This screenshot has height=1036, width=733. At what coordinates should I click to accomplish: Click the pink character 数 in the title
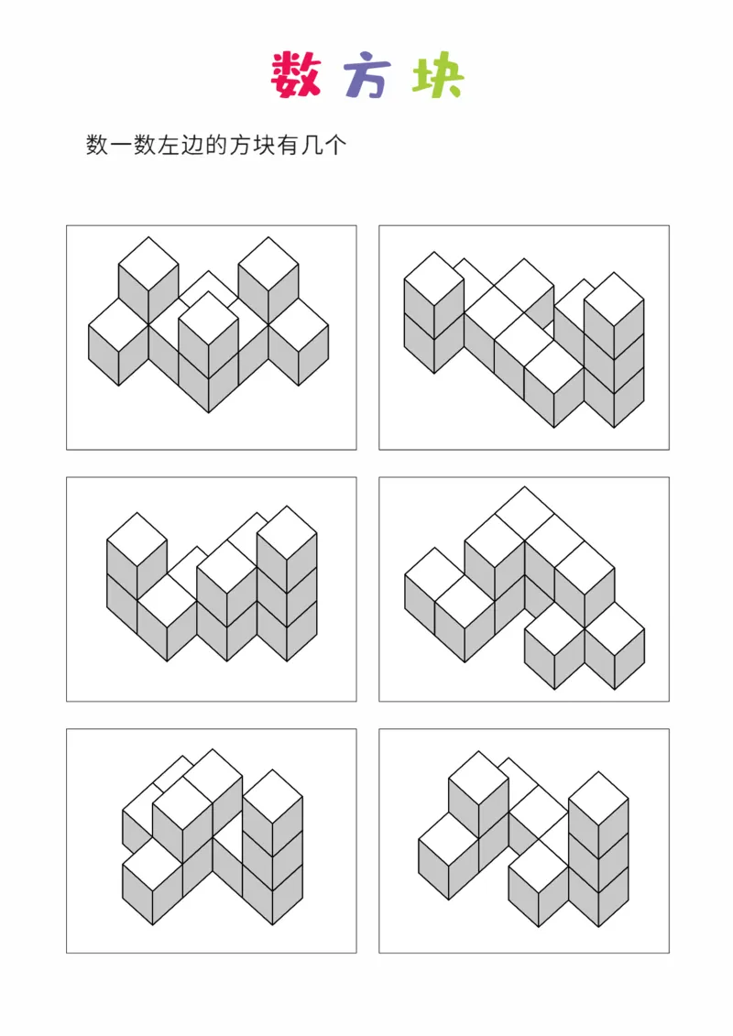click(x=295, y=75)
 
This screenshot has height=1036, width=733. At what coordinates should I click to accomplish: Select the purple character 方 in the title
click(x=367, y=77)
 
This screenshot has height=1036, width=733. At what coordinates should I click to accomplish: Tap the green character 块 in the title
click(x=438, y=75)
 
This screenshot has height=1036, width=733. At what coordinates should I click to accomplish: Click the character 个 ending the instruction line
click(x=335, y=145)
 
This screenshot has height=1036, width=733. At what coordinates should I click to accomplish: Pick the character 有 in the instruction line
click(x=289, y=145)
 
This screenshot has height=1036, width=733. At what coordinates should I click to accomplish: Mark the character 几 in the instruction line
click(x=312, y=145)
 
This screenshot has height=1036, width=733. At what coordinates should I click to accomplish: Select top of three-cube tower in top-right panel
click(x=614, y=300)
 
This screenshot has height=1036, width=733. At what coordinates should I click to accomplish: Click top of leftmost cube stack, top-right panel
click(x=434, y=278)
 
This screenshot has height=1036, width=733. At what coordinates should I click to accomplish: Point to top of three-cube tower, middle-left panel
click(x=287, y=533)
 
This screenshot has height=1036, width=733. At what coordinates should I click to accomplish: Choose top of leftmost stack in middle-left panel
click(x=137, y=540)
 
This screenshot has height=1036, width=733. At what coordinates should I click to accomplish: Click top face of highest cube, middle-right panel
click(x=524, y=514)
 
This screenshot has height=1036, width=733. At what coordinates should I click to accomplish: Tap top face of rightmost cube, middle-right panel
click(x=615, y=628)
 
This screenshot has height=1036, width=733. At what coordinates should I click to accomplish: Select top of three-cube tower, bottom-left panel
click(x=272, y=796)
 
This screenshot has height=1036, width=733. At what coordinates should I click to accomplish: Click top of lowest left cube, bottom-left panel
click(x=153, y=864)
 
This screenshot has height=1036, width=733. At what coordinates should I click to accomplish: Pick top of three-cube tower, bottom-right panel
click(x=598, y=799)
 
